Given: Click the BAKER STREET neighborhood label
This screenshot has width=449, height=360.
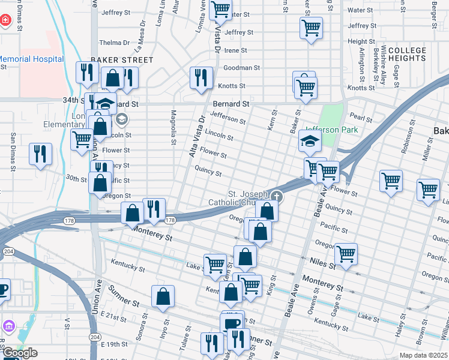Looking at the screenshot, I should [x=121, y=60].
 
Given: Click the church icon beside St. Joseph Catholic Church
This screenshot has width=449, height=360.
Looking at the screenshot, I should [x=276, y=196].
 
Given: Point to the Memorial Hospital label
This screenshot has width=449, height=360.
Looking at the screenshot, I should [x=32, y=59].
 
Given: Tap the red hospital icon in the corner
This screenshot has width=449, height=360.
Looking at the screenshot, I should [x=5, y=20].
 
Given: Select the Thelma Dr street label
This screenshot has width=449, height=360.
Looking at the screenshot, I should [x=114, y=43].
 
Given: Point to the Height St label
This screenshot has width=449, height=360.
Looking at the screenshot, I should [x=361, y=41].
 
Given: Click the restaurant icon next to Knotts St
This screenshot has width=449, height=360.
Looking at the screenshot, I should [x=200, y=77].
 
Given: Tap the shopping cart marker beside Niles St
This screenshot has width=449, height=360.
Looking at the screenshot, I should [x=346, y=253].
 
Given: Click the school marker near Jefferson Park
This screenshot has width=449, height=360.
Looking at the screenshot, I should [x=310, y=142].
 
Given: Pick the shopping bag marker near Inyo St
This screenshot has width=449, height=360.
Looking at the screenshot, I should [x=163, y=296].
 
